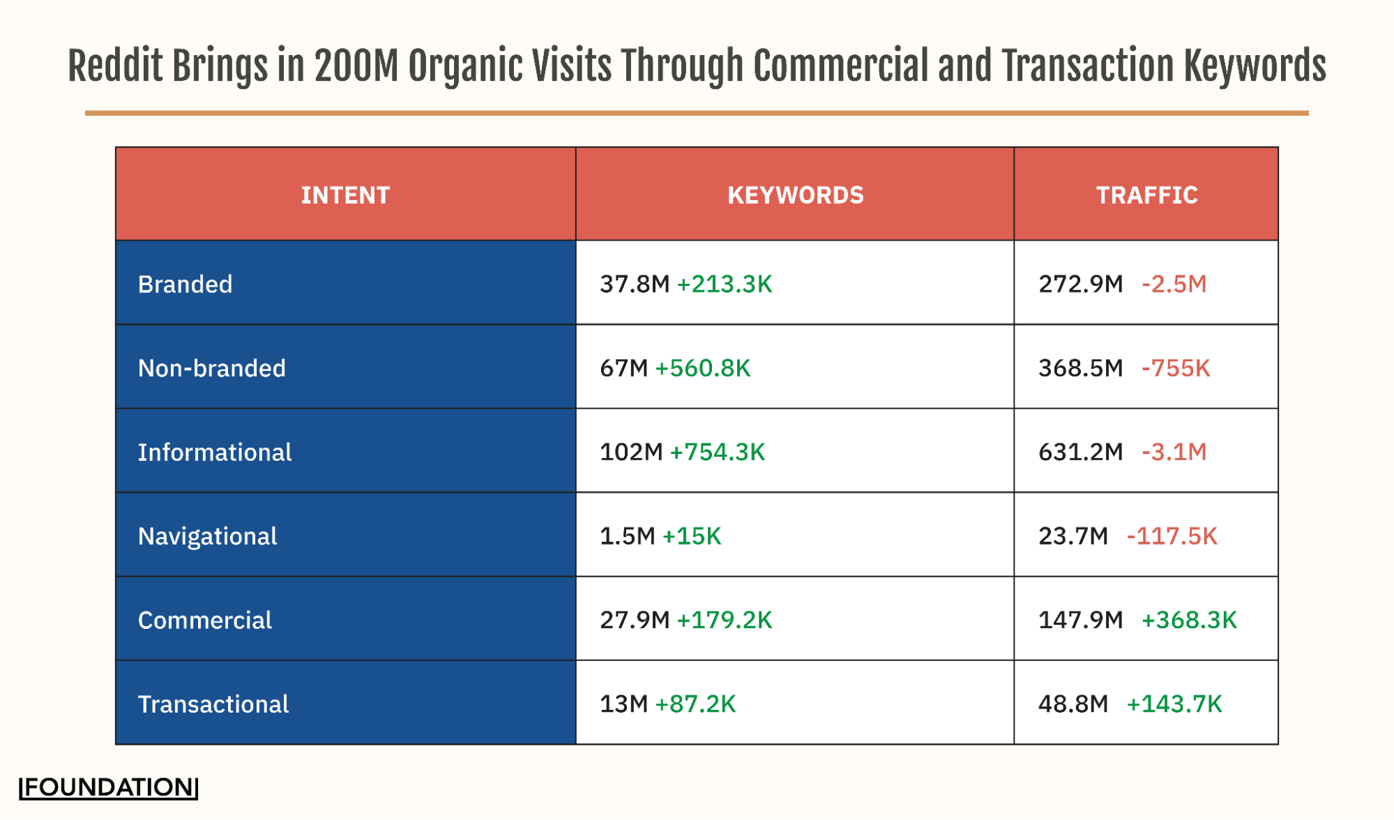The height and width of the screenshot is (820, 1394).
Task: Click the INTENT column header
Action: (345, 195)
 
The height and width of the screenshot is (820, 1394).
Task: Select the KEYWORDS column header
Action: (795, 195)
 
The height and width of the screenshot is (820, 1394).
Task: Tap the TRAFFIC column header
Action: (1146, 195)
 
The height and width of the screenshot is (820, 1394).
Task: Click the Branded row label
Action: (185, 284)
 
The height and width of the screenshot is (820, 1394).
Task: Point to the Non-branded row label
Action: (211, 368)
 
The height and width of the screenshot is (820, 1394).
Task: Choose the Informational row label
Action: (214, 453)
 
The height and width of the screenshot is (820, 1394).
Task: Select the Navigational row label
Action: (207, 536)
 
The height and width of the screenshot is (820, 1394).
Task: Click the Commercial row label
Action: (204, 621)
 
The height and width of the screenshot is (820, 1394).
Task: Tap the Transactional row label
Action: (213, 704)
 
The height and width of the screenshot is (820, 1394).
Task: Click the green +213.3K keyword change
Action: (725, 284)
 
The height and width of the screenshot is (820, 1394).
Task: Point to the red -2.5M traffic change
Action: (1174, 284)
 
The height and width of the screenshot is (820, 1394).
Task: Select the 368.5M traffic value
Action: (1080, 368)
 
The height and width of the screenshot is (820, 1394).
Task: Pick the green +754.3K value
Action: (717, 453)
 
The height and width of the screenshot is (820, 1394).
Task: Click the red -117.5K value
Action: (1172, 536)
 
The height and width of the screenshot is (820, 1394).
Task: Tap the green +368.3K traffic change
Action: (1188, 621)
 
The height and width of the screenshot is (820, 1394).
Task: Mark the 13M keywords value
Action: (623, 704)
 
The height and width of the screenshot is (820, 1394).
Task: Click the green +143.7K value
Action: (1174, 704)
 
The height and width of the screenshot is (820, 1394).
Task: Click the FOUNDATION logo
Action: (108, 787)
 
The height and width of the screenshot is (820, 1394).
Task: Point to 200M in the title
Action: (356, 66)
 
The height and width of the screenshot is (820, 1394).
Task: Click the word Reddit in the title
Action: (115, 66)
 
